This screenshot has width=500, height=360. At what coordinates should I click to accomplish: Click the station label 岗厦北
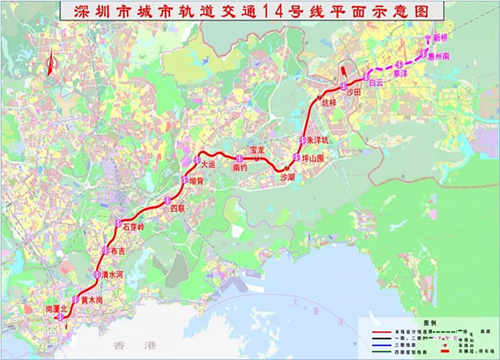(x=55, y=308)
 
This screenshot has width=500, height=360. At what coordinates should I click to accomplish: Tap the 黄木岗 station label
(x=92, y=300)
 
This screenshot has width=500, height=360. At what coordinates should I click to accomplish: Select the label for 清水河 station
(x=114, y=275)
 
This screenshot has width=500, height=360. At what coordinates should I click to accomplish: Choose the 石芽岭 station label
(x=134, y=226)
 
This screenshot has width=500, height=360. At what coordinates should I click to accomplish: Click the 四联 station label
(x=177, y=208)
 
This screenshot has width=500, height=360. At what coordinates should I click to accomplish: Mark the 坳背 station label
(x=196, y=181)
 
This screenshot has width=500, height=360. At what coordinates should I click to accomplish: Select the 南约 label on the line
(x=240, y=167)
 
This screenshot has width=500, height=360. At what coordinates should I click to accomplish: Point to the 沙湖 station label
(x=287, y=176)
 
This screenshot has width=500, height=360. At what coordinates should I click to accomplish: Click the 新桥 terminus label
(x=442, y=36)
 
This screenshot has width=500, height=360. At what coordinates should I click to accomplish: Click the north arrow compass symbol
(x=50, y=65)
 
